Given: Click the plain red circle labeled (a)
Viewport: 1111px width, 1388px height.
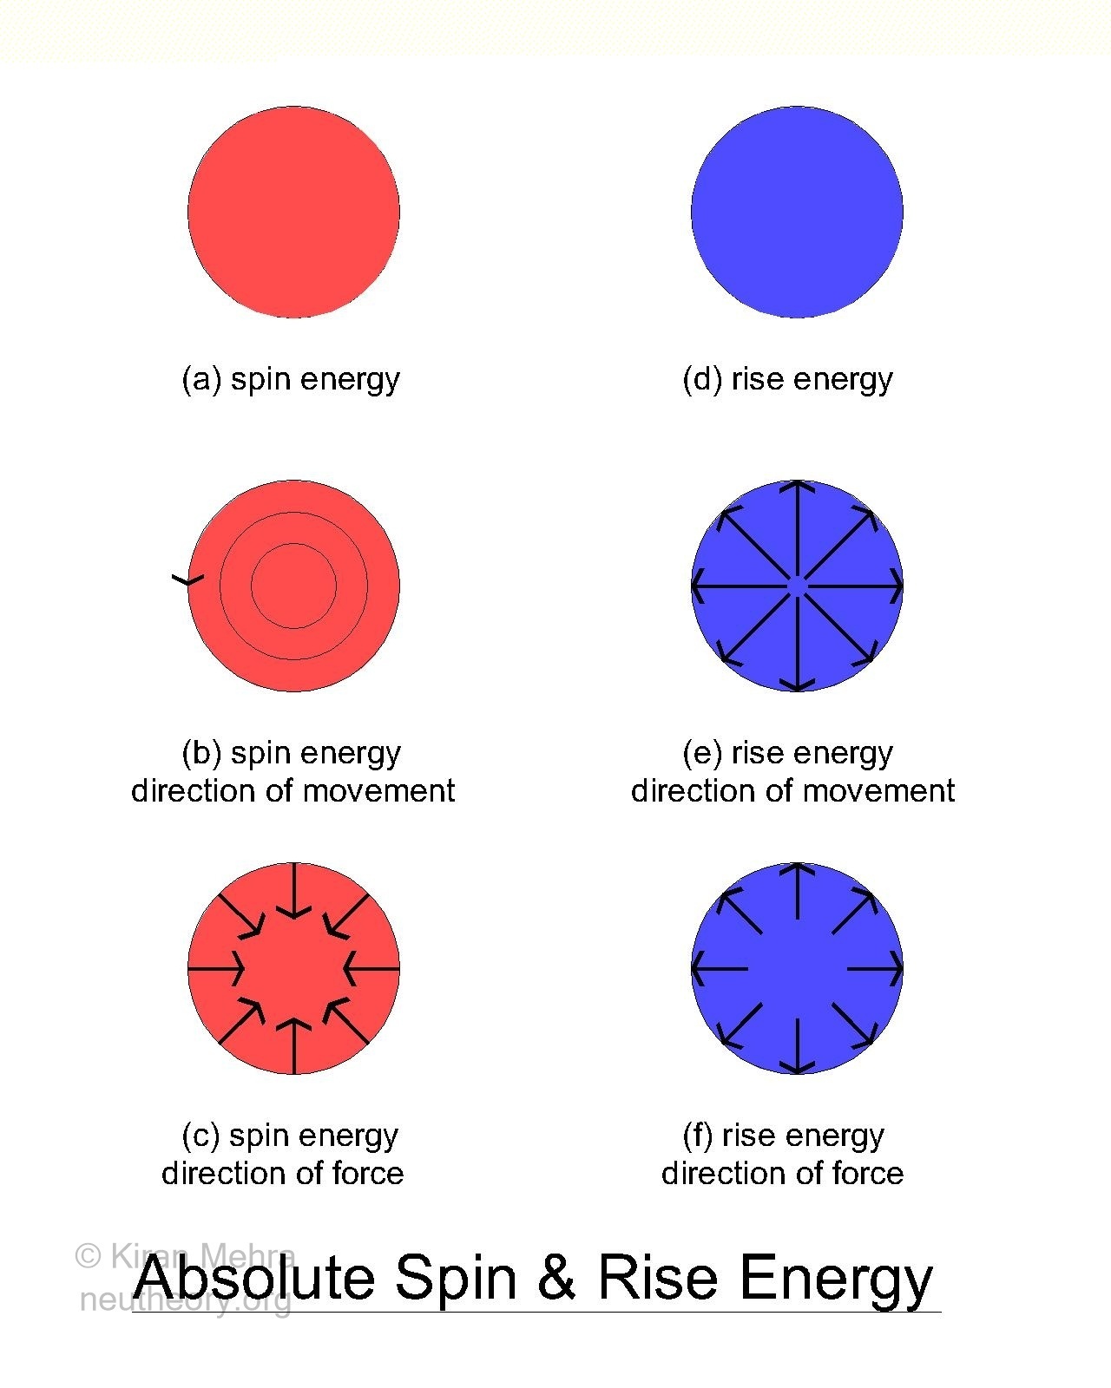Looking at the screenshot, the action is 293,213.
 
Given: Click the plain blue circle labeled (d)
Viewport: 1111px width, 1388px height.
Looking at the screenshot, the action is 798,213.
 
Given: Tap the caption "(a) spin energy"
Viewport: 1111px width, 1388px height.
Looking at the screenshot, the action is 291,380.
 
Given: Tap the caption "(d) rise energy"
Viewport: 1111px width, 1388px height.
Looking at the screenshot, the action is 787,380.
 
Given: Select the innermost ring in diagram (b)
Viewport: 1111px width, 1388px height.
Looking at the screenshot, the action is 293,544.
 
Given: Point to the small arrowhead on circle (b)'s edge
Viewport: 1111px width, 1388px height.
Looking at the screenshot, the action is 187,579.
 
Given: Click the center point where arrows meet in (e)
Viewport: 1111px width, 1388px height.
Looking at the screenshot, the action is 798,586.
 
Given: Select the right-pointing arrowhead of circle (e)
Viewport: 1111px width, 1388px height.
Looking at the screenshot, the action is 897,586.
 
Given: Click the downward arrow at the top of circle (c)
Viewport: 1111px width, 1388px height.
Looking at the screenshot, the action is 293,890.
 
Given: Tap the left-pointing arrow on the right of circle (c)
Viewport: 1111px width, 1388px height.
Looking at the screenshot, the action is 371,968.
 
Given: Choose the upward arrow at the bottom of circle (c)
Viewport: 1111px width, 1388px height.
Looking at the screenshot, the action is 293,1046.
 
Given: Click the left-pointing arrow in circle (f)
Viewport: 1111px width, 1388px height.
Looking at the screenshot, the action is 720,968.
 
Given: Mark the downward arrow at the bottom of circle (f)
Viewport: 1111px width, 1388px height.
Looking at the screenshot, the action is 798,1046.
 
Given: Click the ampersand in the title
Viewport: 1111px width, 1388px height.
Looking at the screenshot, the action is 555,1278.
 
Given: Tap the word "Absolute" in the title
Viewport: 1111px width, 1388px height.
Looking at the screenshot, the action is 254,1278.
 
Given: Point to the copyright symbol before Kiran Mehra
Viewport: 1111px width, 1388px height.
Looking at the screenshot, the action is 89,1256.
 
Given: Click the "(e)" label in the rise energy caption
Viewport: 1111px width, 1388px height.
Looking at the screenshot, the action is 702,754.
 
